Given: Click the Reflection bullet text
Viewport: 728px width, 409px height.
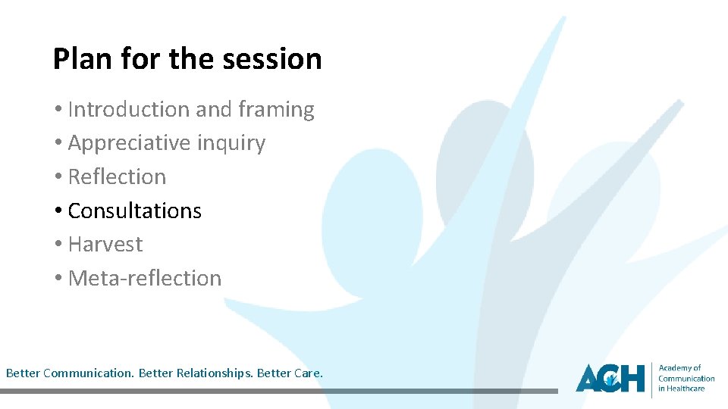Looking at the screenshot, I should click(117, 176).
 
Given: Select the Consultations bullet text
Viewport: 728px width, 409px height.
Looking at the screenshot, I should click(134, 211).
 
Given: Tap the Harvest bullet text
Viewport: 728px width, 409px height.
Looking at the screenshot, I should click(105, 244).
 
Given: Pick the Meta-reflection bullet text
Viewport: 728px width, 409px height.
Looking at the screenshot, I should click(144, 278).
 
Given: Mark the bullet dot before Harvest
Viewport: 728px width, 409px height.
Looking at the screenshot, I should click(58, 245).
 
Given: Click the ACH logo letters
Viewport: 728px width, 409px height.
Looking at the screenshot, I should click(610, 377).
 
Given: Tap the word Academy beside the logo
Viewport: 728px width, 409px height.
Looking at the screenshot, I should click(675, 368).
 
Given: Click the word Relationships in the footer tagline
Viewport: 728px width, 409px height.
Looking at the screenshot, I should click(214, 373).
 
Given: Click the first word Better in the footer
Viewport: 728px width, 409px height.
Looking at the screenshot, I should click(23, 373).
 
